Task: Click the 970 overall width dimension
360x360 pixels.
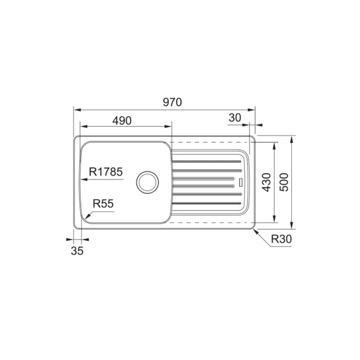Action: pos(172,102)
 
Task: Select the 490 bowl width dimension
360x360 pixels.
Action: pos(122,121)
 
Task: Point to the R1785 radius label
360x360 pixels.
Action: pos(105,172)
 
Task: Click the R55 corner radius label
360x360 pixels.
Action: pos(104,204)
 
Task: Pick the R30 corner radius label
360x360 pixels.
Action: pos(281,239)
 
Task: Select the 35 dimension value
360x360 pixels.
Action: pos(77,251)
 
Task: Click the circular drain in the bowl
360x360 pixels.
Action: pos(147,182)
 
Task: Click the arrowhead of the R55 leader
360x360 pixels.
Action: pos(87,218)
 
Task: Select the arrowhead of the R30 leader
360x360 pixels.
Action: pos(255,230)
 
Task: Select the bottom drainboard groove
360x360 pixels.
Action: pos(208,203)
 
